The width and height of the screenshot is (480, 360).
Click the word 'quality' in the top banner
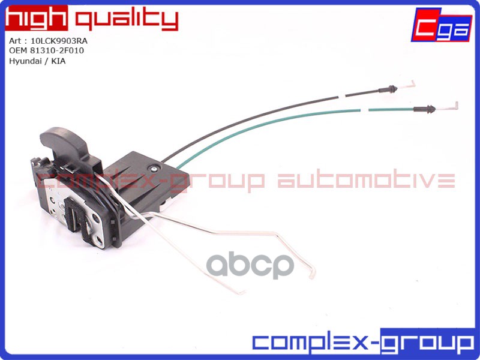pyautogui.click(x=126, y=20)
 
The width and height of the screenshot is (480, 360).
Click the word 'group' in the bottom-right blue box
pyautogui.click(x=427, y=343)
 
